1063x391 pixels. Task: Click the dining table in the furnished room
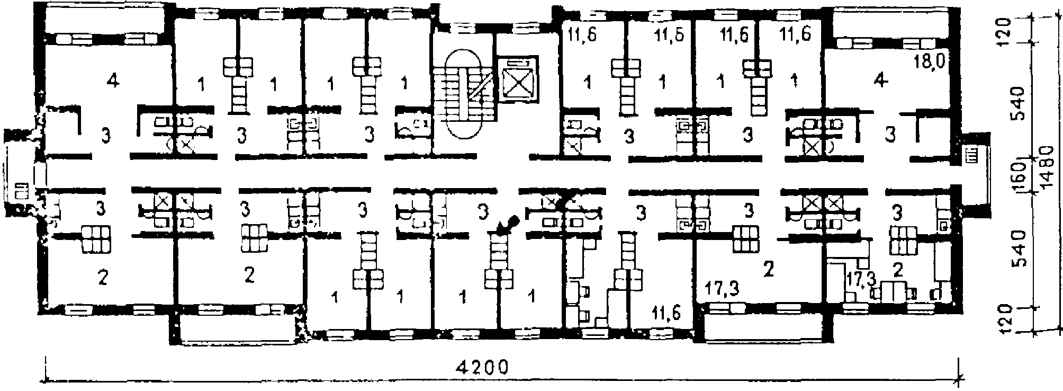coord(894,292)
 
